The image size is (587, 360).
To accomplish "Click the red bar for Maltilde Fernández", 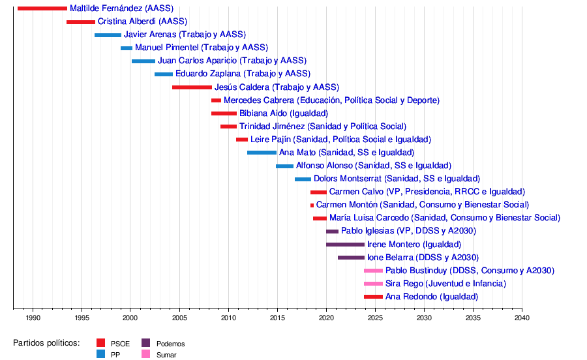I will (x=42, y=8).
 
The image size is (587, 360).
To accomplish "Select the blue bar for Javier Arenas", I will (x=108, y=35).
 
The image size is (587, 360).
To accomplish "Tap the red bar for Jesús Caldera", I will (x=192, y=87).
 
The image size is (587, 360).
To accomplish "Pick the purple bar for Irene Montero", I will (x=345, y=245).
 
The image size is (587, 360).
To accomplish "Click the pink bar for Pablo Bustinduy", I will (x=373, y=271).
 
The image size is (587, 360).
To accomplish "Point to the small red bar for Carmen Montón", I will (x=312, y=205).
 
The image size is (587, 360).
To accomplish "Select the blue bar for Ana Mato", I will (x=262, y=153).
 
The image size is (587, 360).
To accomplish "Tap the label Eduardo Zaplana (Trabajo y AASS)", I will (x=243, y=74).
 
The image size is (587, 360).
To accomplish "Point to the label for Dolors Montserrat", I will (x=397, y=179).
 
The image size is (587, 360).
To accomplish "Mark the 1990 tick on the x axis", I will (x=33, y=309).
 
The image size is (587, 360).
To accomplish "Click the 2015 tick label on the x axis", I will (x=277, y=318).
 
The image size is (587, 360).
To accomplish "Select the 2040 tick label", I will (x=522, y=318).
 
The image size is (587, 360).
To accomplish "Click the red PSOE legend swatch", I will (x=100, y=343).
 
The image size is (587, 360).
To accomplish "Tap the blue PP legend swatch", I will (x=100, y=355).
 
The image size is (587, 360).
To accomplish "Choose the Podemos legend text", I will (x=170, y=344).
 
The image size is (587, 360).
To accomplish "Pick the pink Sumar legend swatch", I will (x=146, y=355).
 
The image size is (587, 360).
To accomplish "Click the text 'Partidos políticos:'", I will (x=46, y=343).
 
